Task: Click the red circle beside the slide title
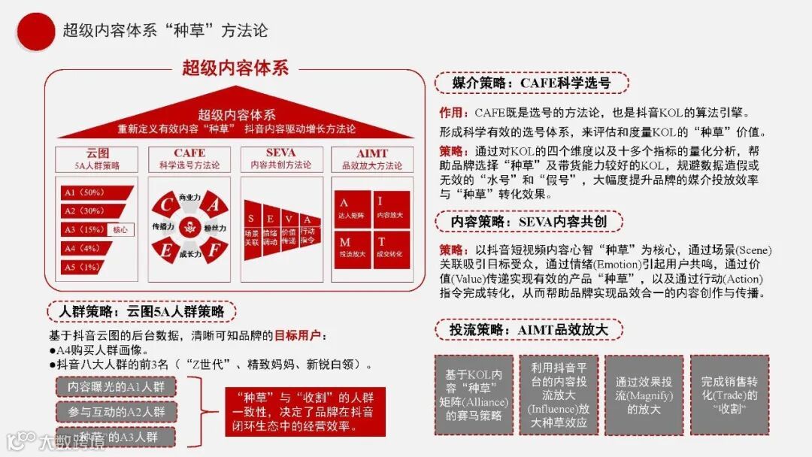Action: tap(35, 31)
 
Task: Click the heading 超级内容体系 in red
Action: tap(235, 68)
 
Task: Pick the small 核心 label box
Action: tap(120, 230)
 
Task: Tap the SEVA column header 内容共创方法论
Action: tap(280, 165)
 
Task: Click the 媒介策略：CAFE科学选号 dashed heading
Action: tap(531, 83)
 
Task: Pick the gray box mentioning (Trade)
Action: tap(729, 395)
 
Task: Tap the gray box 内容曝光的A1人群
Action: tap(116, 386)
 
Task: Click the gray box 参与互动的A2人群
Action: tap(116, 412)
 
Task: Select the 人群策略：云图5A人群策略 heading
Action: tap(141, 311)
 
